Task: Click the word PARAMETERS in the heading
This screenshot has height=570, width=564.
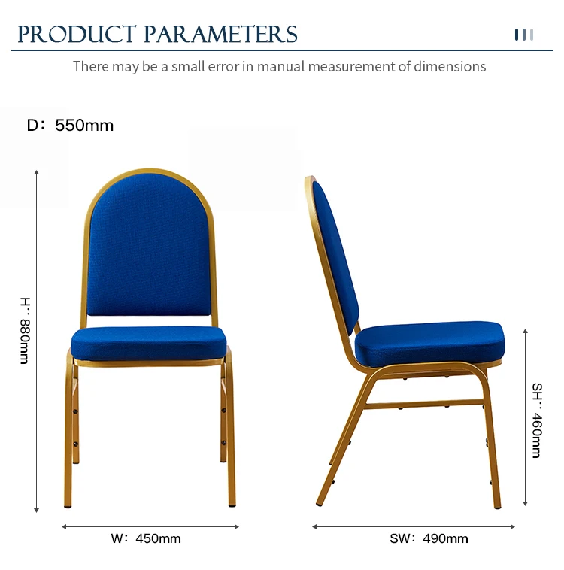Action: point(221,34)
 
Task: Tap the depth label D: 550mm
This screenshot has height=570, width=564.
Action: point(70,126)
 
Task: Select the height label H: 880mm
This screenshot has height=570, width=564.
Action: point(25,330)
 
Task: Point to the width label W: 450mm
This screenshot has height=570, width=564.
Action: point(146,538)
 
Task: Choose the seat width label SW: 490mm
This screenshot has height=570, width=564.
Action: point(429,538)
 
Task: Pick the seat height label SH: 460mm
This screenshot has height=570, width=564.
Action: point(537,420)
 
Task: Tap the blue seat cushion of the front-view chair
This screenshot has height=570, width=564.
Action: point(149,343)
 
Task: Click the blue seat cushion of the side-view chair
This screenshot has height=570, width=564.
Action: point(430,344)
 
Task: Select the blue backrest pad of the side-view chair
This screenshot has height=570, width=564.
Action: point(335,256)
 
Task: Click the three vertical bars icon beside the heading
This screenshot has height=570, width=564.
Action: point(524,35)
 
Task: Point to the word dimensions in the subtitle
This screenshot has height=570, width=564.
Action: point(450,67)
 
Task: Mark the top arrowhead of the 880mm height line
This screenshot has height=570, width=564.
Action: point(36,172)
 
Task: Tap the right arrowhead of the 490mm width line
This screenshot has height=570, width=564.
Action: point(513,526)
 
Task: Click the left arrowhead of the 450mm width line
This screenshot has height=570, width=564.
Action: point(64,526)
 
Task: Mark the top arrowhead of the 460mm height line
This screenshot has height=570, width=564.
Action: point(525,331)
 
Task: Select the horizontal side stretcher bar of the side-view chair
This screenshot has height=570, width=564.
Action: point(424,404)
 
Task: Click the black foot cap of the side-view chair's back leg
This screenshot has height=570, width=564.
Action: point(319,504)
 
